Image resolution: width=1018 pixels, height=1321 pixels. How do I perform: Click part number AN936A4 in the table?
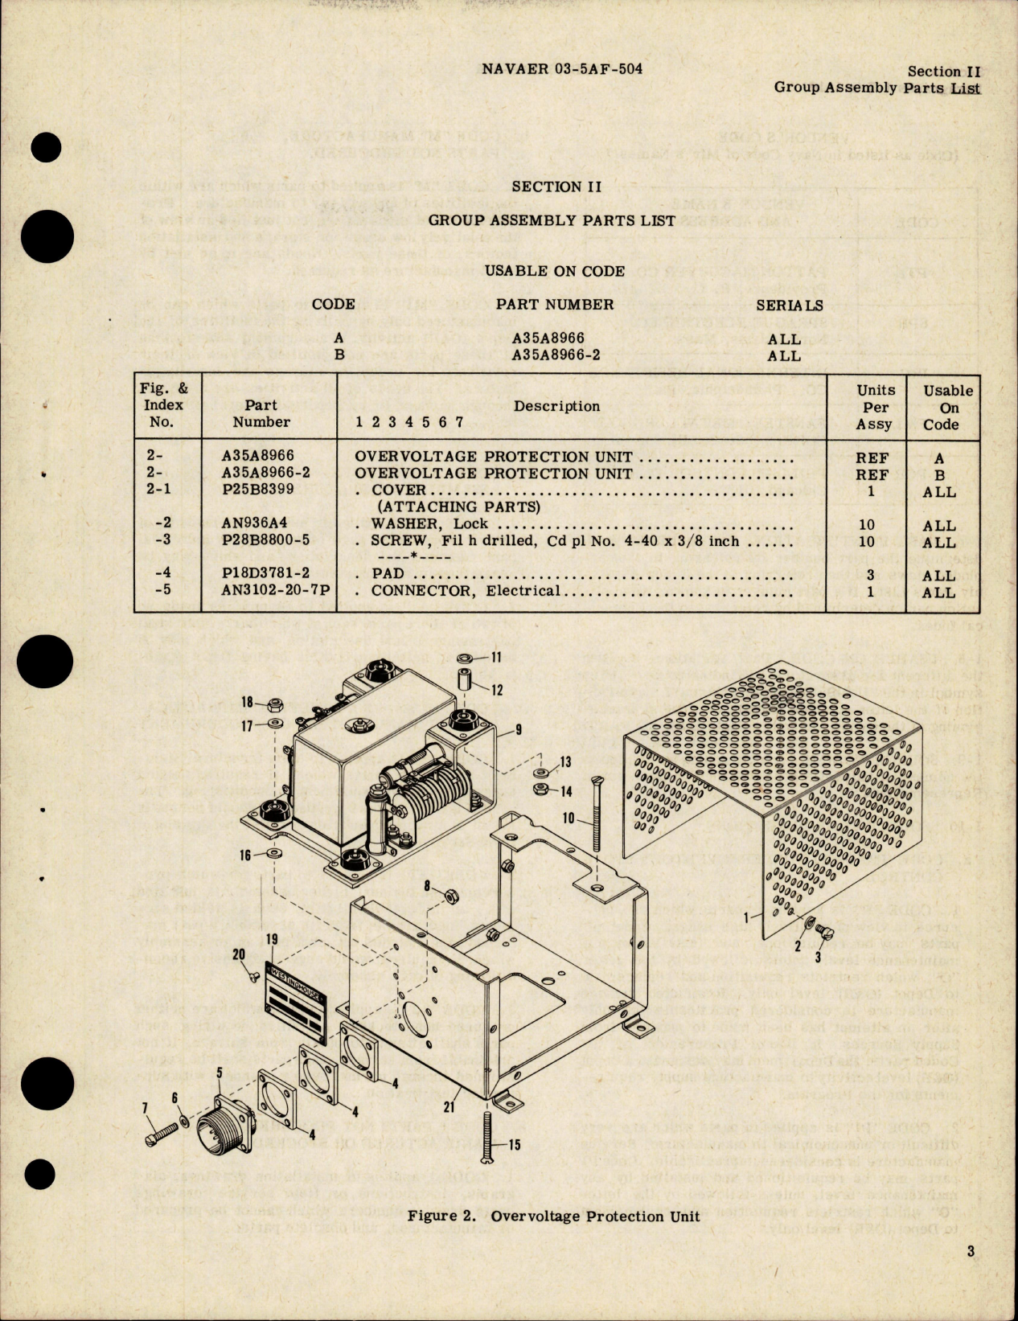(x=255, y=523)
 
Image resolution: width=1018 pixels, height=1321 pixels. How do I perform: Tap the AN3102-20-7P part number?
(x=276, y=591)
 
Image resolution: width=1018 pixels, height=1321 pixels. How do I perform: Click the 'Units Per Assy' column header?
(x=875, y=407)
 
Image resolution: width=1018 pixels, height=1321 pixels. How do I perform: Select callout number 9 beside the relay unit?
(x=519, y=730)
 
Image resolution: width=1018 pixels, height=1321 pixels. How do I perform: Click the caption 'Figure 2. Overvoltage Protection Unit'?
(x=553, y=1216)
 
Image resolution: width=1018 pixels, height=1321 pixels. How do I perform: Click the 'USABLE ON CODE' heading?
(x=554, y=271)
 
